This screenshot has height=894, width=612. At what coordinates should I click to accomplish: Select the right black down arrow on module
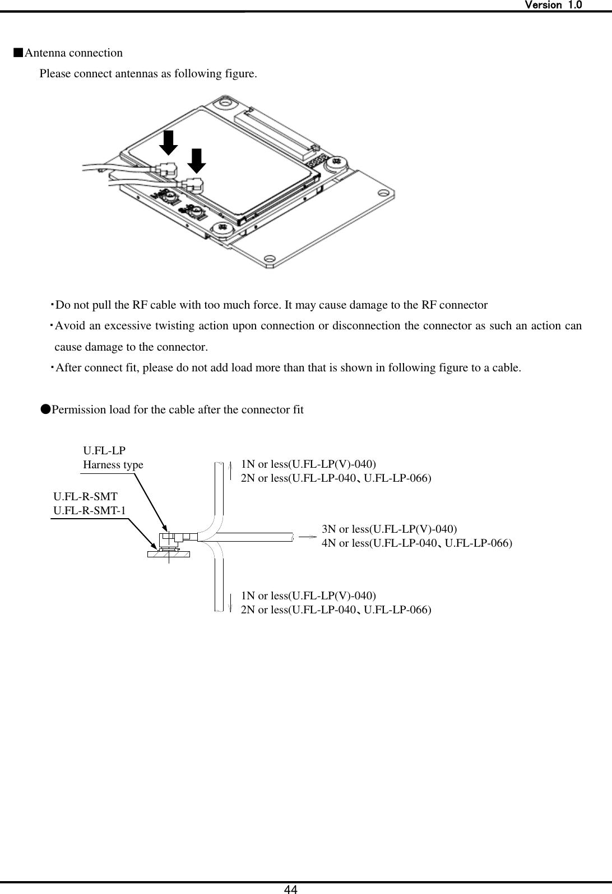(196, 161)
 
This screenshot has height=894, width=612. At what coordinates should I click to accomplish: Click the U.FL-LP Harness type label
(113, 458)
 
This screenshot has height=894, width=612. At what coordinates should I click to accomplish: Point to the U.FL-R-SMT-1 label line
(90, 510)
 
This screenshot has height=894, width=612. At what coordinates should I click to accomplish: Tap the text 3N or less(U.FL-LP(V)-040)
(389, 529)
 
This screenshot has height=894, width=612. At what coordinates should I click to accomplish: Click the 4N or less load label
(416, 543)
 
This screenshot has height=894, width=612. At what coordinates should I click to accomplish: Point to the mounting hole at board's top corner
(226, 103)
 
